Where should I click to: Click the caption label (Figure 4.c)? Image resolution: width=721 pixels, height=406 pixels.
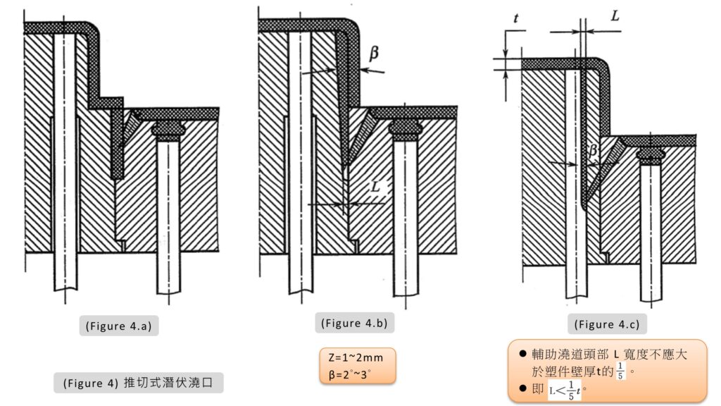tap(607, 324)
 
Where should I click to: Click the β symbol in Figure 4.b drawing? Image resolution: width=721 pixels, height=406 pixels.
tap(373, 51)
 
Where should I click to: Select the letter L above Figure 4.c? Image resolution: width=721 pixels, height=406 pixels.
tap(615, 16)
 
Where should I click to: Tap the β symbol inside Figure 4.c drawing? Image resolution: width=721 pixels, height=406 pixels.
tap(593, 150)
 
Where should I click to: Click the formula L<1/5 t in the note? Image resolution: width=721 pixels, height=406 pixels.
tap(565, 389)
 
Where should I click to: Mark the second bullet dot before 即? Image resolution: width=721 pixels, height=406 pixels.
tap(522, 389)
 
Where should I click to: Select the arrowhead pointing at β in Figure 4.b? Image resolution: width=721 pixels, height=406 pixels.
tap(361, 69)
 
